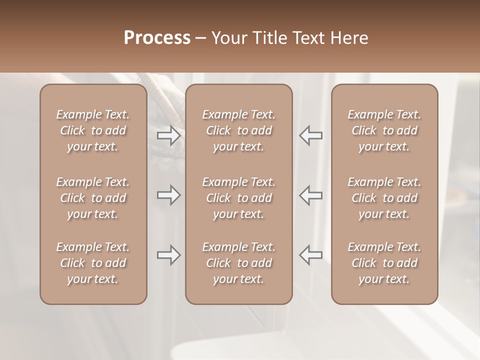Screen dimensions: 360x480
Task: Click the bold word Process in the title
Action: (157, 38)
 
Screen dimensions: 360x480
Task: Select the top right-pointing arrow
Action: (168, 135)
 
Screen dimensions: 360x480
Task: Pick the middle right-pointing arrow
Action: (168, 195)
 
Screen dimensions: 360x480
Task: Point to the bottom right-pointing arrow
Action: (168, 255)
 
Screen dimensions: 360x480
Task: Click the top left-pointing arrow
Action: (311, 135)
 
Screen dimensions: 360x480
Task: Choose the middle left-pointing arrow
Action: (311, 195)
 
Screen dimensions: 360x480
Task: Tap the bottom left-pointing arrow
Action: (311, 255)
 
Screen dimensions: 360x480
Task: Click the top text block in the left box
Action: (93, 130)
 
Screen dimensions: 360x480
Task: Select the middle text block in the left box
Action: (93, 198)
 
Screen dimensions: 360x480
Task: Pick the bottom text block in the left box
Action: (93, 263)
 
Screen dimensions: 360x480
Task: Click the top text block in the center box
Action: (238, 130)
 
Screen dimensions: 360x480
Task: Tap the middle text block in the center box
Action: (238, 198)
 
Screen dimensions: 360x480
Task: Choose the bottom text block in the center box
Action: (238, 263)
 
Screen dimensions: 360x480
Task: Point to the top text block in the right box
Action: (384, 130)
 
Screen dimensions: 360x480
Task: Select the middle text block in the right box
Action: (384, 198)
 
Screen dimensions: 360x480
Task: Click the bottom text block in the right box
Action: (384, 263)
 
